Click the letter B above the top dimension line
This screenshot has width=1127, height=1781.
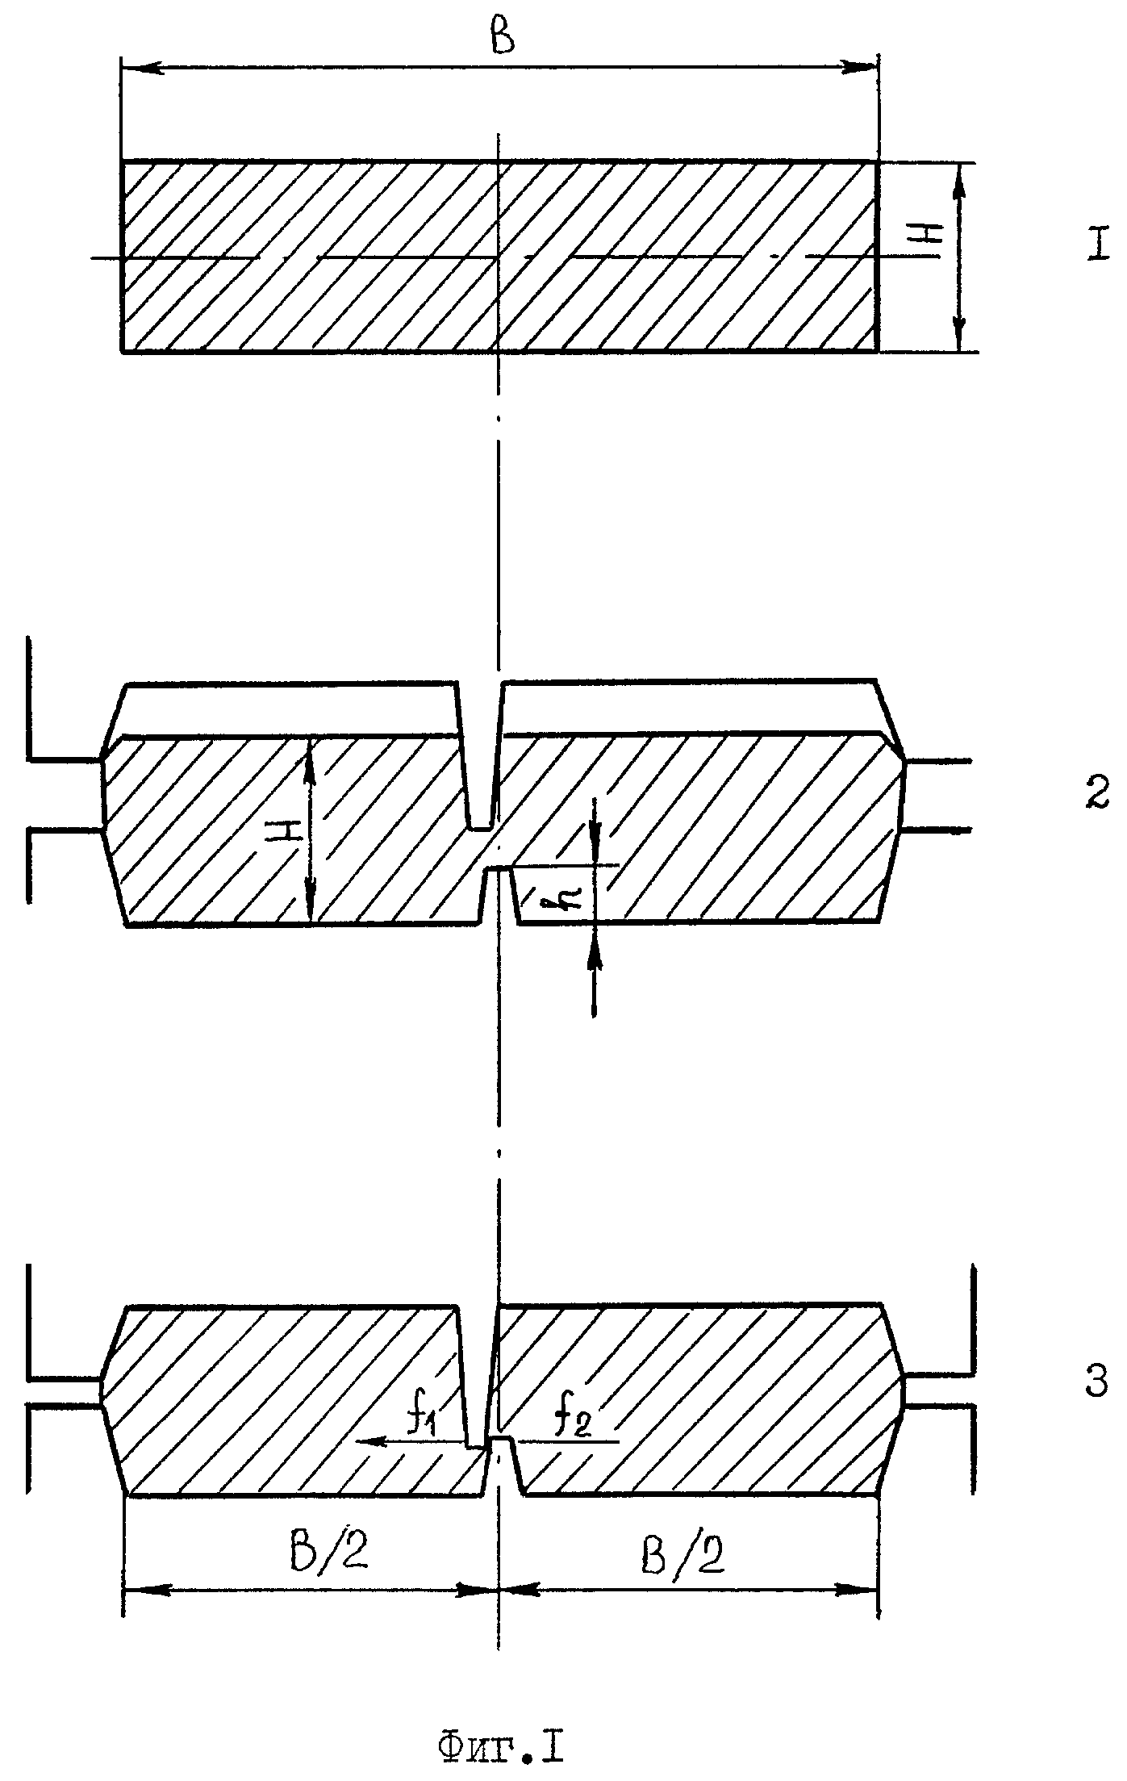[x=503, y=37]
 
